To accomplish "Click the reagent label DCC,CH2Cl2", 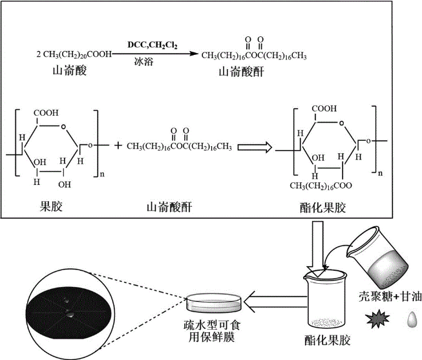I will point(153,44).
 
